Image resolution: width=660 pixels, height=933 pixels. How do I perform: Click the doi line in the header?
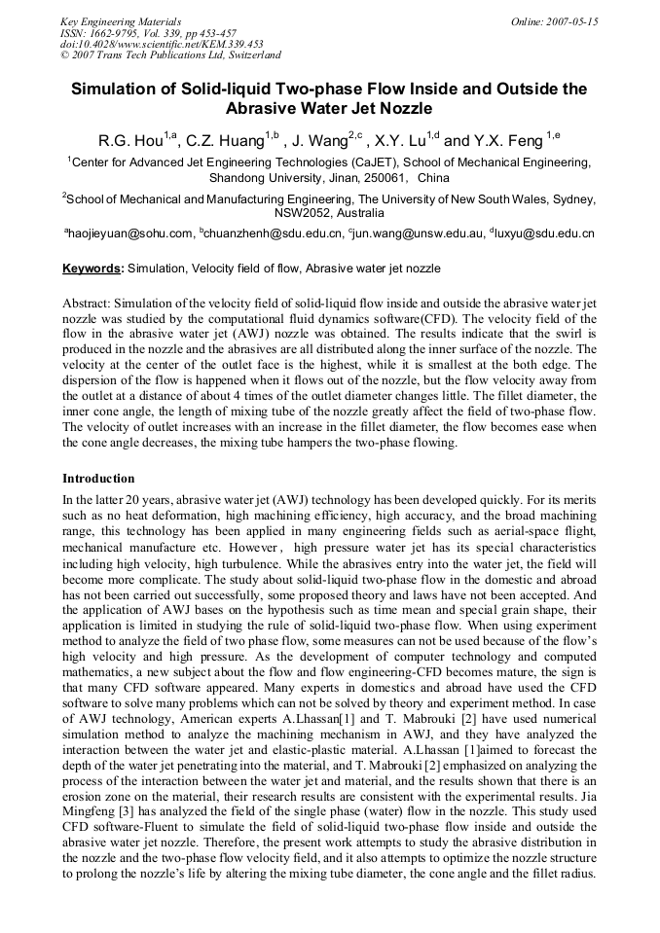[162, 44]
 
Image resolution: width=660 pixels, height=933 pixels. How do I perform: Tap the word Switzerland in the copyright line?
[248, 55]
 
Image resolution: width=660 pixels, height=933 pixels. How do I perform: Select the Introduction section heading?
[98, 479]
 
